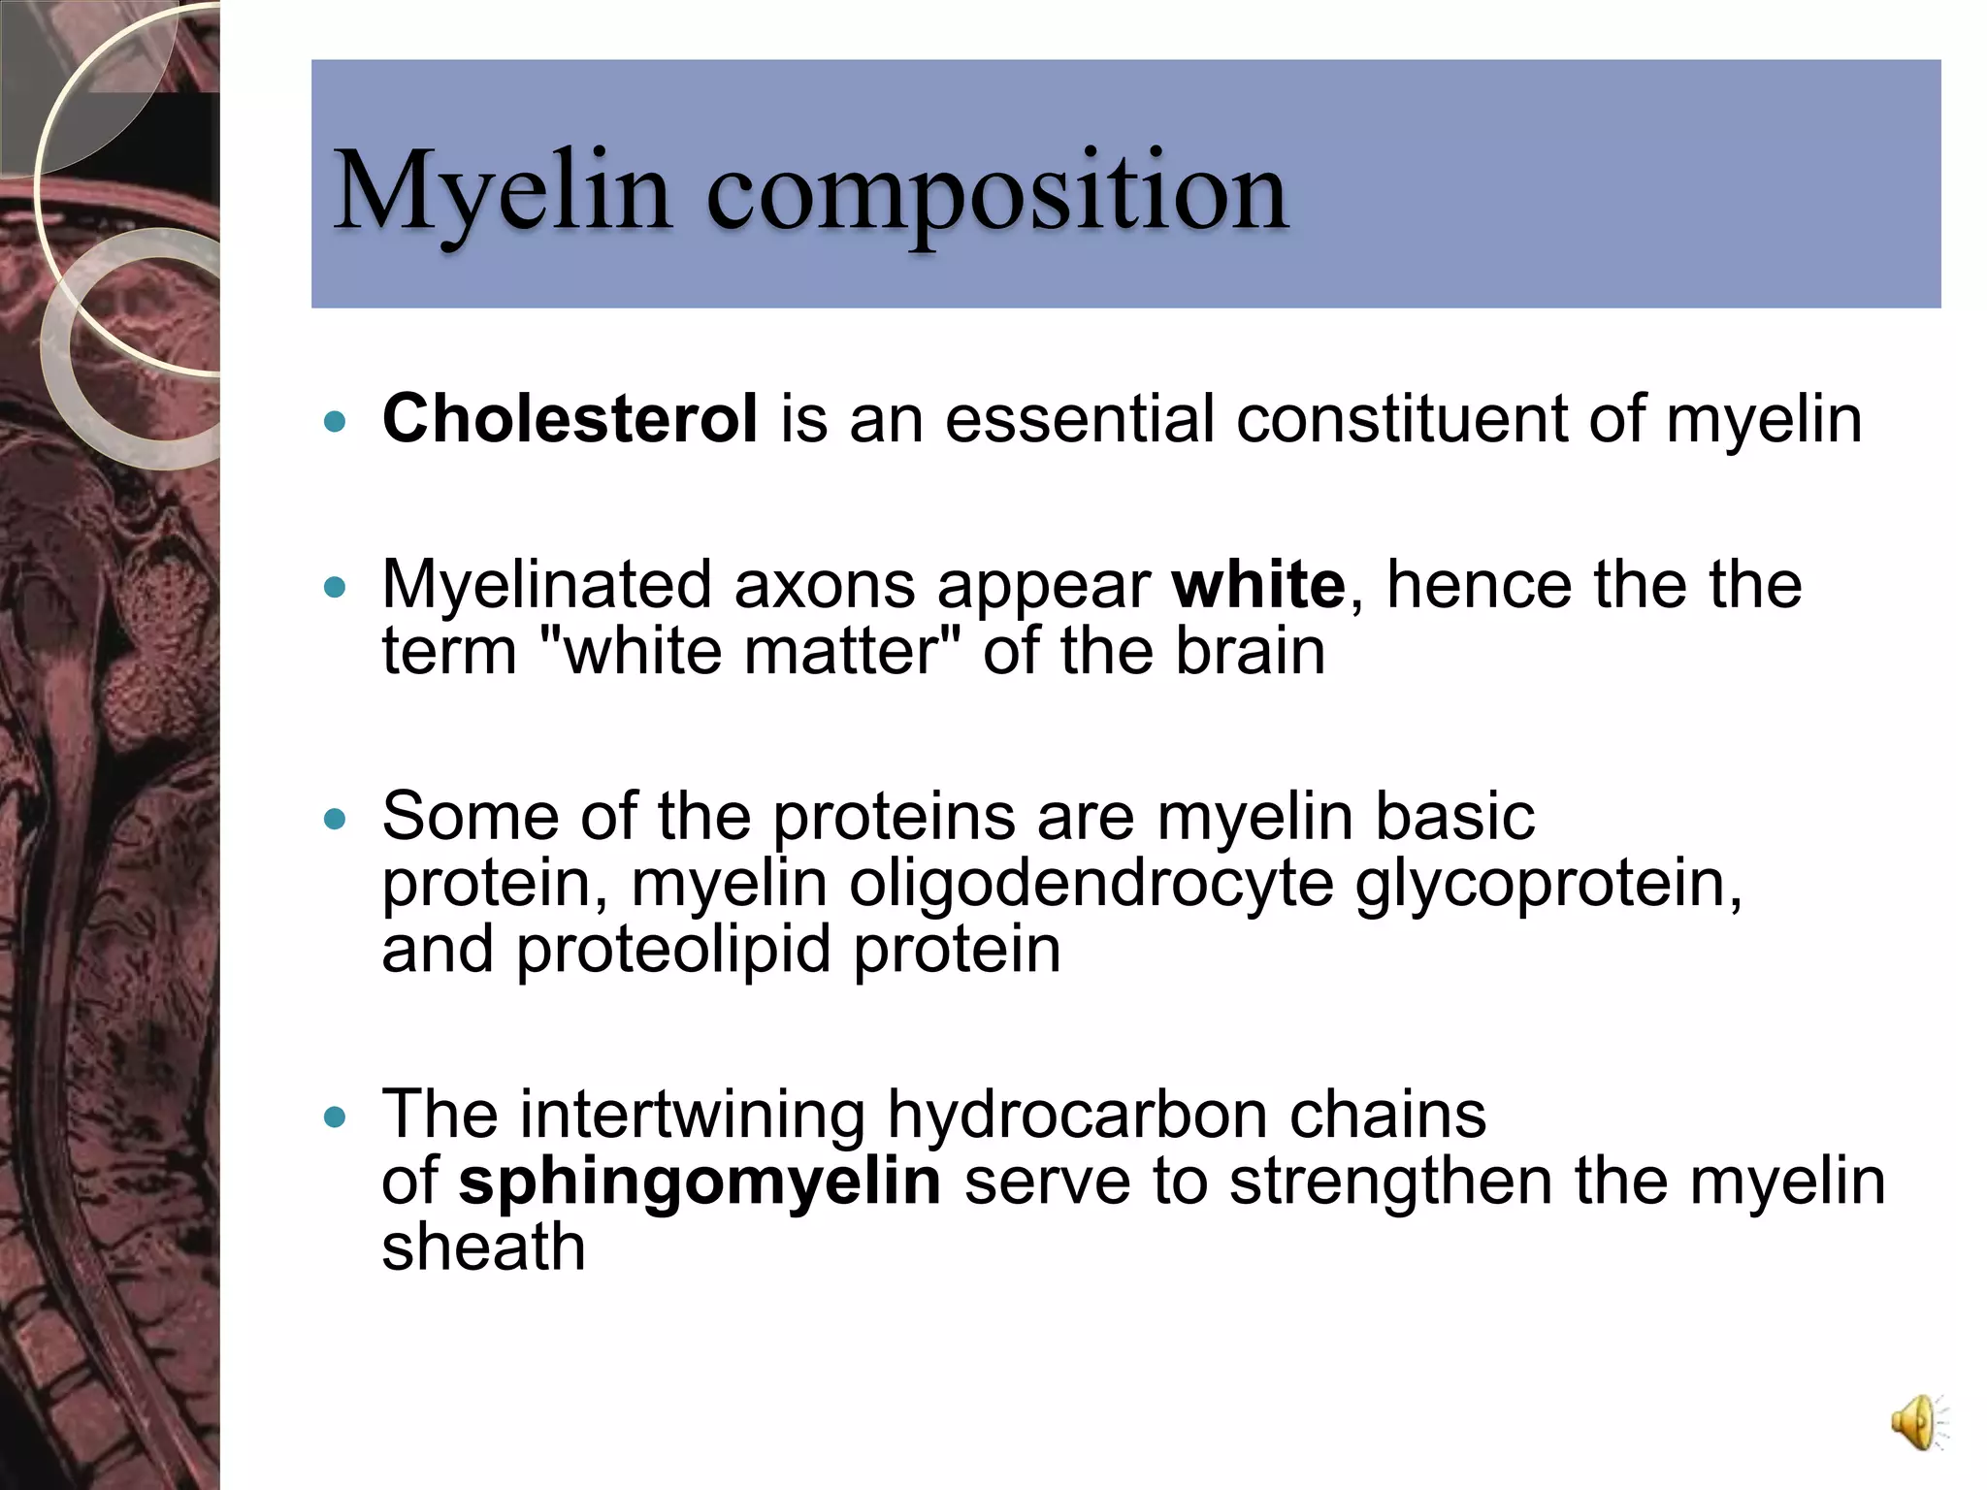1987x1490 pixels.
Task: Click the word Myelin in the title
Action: coord(503,191)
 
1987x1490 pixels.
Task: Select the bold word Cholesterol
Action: coord(570,419)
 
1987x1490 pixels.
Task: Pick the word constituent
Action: coord(1401,419)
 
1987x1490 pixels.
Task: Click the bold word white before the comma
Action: coord(1257,585)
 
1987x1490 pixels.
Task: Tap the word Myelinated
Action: coord(546,585)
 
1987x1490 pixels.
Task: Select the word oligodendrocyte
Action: coord(1091,884)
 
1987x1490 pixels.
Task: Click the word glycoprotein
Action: coord(1547,884)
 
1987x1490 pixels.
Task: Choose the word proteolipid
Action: coord(673,949)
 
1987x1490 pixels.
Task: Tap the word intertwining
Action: coord(692,1115)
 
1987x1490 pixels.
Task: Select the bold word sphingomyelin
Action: coord(699,1182)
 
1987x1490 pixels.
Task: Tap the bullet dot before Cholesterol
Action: coord(335,422)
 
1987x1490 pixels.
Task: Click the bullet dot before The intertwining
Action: coord(335,1117)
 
